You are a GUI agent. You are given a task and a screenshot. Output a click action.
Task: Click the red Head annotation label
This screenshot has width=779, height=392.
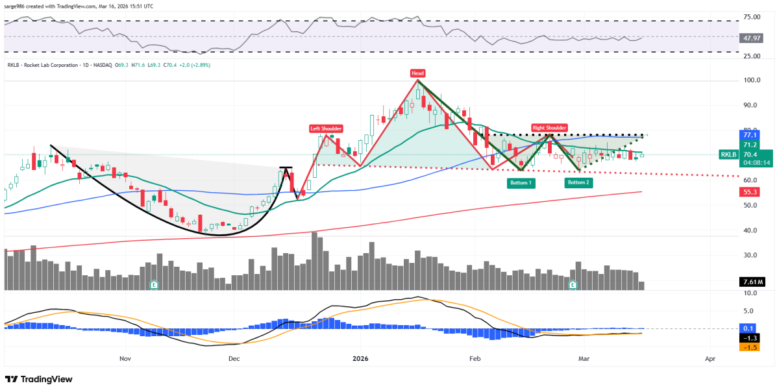pos(417,72)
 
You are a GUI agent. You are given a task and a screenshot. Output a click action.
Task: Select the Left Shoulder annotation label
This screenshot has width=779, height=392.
pos(325,128)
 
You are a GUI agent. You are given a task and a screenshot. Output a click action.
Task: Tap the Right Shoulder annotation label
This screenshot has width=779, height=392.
pos(550,128)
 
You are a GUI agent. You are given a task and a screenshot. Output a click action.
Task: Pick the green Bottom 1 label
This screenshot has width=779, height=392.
pos(521,182)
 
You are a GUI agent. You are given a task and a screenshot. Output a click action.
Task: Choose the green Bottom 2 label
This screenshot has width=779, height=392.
pos(579,182)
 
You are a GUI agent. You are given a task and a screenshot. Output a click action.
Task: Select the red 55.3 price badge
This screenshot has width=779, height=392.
pos(750,192)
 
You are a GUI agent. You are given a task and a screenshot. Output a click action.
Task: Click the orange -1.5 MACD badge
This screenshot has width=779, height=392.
pos(750,347)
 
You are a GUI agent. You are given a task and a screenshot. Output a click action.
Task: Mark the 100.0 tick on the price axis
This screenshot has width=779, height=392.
pos(752,80)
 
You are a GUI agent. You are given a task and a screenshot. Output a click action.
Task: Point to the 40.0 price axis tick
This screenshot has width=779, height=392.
pos(751,230)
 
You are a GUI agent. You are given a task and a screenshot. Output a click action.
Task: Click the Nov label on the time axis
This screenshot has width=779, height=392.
pos(125,358)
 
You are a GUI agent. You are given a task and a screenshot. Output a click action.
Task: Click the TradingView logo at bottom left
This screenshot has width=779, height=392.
pos(40,379)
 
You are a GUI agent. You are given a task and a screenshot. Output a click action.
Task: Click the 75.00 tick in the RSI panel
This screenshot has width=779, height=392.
pos(752,16)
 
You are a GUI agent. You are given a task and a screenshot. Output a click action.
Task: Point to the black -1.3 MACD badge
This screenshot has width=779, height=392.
pos(750,338)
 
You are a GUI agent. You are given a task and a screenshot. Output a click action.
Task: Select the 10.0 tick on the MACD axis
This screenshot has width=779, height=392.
pos(751,293)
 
